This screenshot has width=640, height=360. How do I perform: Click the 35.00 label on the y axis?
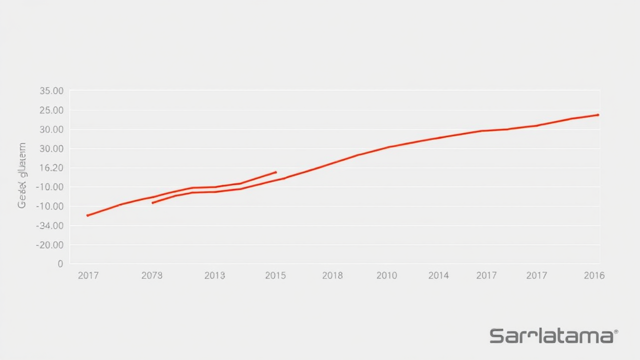pos(51,91)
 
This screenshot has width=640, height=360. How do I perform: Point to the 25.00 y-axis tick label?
pos(51,110)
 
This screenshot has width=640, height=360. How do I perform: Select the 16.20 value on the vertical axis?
pos(51,168)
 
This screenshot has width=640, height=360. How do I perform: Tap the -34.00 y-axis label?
pos(50,226)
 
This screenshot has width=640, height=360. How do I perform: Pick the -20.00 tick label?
pos(50,245)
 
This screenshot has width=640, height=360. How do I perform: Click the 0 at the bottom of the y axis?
pos(60,264)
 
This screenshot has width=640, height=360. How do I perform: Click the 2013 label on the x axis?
pos(214,275)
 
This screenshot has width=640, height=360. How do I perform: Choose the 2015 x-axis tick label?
pos(275,275)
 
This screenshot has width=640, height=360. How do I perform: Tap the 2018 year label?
pos(332,275)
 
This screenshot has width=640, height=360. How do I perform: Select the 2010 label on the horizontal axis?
pos(386,275)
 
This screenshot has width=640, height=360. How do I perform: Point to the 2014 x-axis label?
pos(438,275)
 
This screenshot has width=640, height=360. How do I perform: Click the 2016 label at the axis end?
pos(594,275)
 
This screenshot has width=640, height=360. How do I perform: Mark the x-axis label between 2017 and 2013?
pos(152,275)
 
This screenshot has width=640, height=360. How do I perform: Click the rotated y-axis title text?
pos(22,175)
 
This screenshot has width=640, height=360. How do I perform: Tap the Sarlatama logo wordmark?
pos(551,336)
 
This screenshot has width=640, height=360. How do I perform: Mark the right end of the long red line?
pos(598,115)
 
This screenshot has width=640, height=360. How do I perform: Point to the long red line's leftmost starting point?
pos(87,215)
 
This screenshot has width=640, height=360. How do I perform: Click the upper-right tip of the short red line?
pos(276,172)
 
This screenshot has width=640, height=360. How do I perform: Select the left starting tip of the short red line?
pos(152,202)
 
